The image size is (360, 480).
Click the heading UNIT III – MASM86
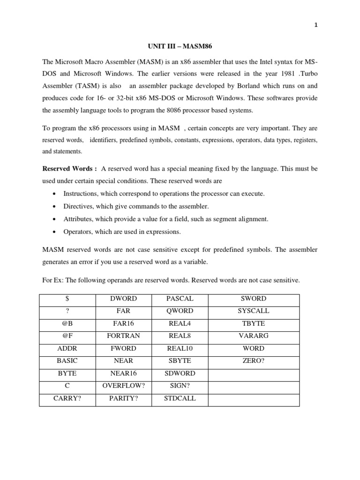click(x=180, y=47)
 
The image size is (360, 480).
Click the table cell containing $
click(x=67, y=299)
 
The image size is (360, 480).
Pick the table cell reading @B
click(x=67, y=323)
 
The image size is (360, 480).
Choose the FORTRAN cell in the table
click(x=123, y=336)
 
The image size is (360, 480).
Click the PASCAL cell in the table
click(x=180, y=299)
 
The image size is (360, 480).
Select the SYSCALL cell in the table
click(x=254, y=311)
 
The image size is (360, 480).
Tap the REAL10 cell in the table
click(x=180, y=349)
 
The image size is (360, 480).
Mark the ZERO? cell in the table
click(x=254, y=361)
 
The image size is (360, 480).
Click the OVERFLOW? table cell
click(x=123, y=386)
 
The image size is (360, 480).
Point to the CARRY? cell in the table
click(x=67, y=399)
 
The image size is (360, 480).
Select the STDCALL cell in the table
click(x=180, y=399)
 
